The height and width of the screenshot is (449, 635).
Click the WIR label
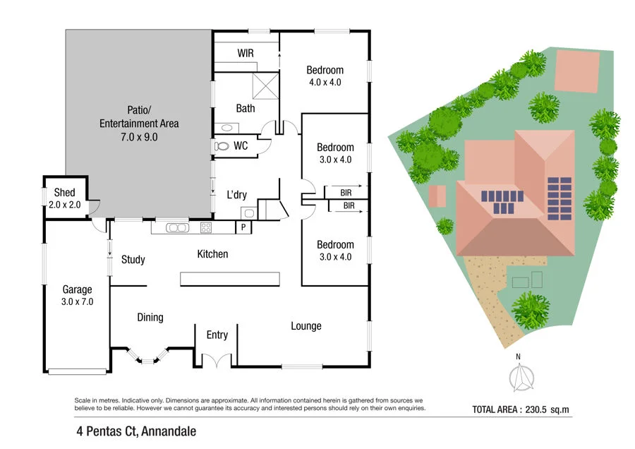point(246,54)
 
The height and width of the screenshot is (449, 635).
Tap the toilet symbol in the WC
point(222,146)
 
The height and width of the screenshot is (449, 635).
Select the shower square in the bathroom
point(265,85)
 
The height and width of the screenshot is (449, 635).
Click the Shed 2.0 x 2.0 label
point(64,198)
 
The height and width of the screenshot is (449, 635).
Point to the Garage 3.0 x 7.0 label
point(77,295)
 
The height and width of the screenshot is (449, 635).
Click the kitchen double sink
point(176,227)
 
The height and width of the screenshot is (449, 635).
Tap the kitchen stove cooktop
point(207,227)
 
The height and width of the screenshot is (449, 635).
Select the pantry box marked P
point(243,227)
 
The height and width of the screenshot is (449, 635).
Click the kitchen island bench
point(229,279)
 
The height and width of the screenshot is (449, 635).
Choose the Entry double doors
point(217,360)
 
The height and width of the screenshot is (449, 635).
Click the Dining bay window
point(147,357)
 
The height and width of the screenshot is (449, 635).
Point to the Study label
point(133,260)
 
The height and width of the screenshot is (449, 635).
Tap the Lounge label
point(306,326)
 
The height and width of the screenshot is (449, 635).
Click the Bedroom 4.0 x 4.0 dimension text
point(325,82)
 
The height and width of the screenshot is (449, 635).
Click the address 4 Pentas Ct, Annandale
point(136,431)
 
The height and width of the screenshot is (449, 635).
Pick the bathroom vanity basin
point(226,128)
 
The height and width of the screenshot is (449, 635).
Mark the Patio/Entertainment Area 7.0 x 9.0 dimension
point(139,137)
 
